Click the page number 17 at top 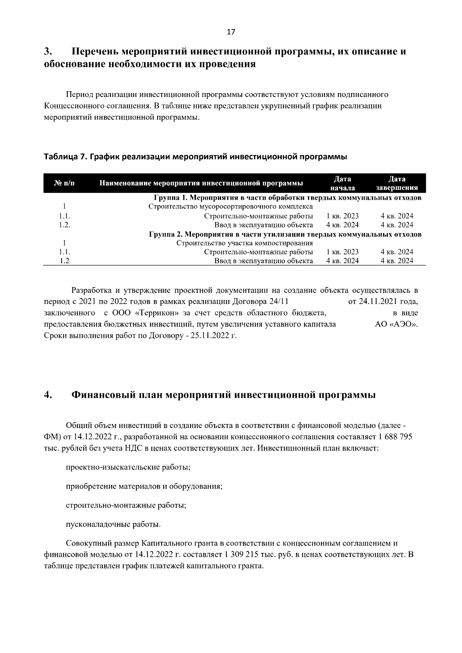click(231, 32)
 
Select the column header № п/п click(64, 183)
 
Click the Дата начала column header click(342, 183)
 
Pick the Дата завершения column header click(397, 183)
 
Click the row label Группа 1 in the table click(169, 198)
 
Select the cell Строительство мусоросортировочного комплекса click(230, 207)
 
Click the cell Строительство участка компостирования click(244, 243)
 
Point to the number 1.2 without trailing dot click(64, 261)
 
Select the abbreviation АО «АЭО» click(396, 324)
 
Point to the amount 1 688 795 click(395, 437)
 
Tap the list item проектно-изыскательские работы click(129, 467)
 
